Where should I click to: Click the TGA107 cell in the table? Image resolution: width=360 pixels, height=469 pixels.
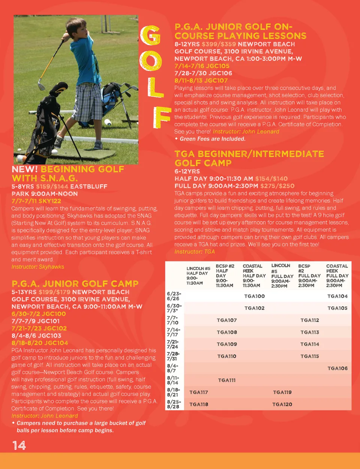[x=226, y=320]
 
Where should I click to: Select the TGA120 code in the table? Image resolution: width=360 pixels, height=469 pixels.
[x=282, y=404]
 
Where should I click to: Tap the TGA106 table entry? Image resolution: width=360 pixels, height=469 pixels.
[x=337, y=368]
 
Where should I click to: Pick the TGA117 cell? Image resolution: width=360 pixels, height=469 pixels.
[x=199, y=392]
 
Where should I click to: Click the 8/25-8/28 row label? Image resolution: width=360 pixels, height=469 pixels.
[x=173, y=404]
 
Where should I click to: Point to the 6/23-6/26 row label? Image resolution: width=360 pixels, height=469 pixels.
[x=173, y=296]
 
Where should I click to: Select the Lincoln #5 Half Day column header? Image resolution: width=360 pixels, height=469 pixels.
[x=198, y=276]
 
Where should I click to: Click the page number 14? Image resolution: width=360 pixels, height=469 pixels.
[x=19, y=445]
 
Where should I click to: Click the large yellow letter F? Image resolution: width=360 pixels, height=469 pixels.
[x=161, y=117]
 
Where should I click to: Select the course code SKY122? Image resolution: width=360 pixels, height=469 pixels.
[x=49, y=201]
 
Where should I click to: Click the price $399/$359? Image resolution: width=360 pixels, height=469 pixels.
[x=219, y=44]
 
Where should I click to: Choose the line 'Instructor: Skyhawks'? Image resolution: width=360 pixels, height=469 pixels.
[x=38, y=267]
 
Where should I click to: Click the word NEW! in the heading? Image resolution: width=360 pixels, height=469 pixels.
[x=25, y=169]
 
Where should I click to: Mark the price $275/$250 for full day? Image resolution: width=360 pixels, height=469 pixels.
[x=277, y=186]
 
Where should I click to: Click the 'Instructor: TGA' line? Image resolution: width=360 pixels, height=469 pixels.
[x=195, y=252]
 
